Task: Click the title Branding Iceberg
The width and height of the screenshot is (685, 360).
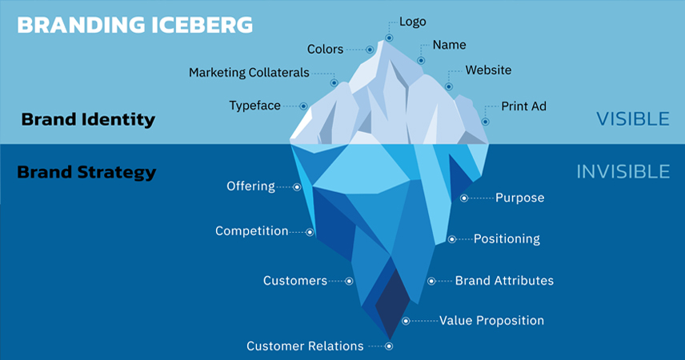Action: (134, 25)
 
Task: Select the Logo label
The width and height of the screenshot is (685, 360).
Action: (412, 22)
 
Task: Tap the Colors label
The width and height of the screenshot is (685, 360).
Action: (326, 49)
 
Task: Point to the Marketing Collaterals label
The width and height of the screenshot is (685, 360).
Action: (249, 73)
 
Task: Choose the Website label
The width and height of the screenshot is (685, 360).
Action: (488, 70)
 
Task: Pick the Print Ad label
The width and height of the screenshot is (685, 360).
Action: (523, 106)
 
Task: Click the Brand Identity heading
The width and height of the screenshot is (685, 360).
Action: (88, 120)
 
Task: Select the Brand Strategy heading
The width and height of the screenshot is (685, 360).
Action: (86, 172)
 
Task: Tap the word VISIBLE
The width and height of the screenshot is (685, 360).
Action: (632, 119)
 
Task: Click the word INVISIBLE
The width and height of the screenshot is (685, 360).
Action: (623, 171)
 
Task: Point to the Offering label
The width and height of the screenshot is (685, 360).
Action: (250, 186)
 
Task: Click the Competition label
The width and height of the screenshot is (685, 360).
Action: (251, 231)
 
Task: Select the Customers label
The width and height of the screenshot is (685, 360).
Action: (295, 281)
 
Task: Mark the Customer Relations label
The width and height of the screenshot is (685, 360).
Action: (305, 346)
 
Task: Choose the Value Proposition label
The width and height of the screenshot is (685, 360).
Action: (491, 321)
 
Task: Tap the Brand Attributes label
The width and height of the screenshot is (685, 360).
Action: (504, 281)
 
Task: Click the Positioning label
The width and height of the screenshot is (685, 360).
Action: (507, 238)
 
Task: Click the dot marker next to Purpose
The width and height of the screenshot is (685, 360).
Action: (464, 198)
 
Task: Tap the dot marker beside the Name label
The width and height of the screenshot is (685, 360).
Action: (421, 60)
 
